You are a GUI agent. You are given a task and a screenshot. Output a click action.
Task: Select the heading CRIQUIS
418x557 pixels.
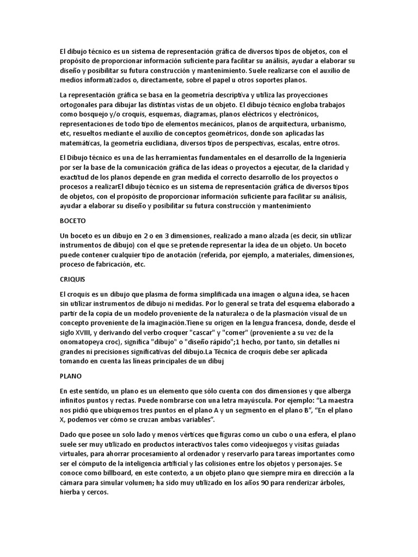tap(72, 278)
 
